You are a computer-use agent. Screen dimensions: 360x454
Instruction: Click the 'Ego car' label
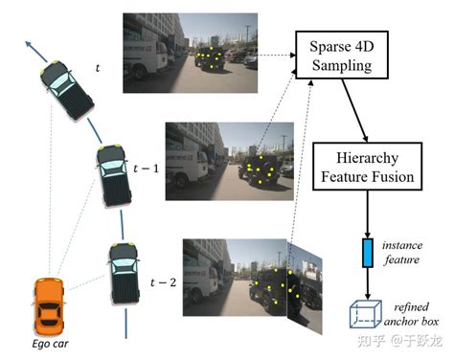pos(49,342)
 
